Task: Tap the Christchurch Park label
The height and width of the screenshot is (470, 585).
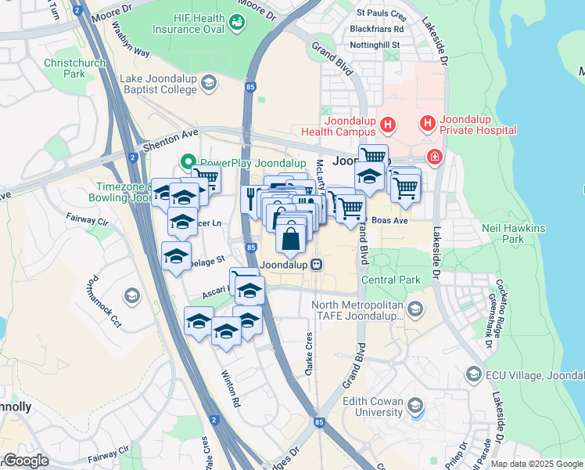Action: tap(75, 68)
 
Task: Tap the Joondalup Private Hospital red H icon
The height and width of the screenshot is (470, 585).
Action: tap(427, 124)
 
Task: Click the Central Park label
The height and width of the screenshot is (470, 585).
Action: tap(390, 280)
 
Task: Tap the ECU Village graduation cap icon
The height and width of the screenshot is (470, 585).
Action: tap(472, 376)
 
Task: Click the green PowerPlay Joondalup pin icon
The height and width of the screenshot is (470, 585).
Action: tap(188, 163)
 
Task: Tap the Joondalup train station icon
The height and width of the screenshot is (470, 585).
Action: tap(316, 265)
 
